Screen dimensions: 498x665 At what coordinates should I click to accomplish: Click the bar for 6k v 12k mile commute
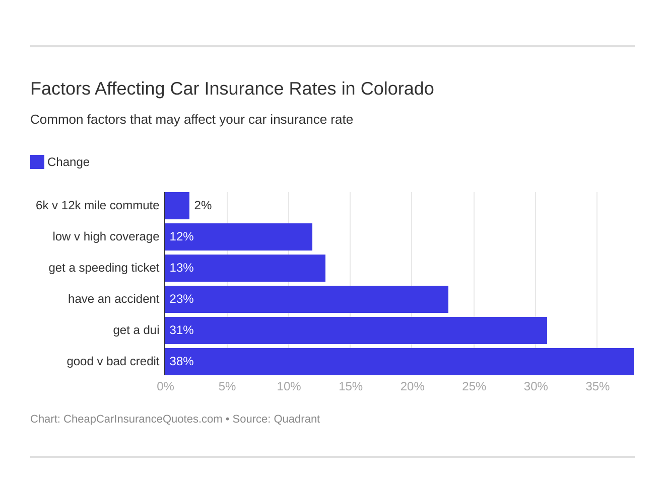pos(177,206)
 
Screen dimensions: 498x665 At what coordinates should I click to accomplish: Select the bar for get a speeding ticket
pos(245,268)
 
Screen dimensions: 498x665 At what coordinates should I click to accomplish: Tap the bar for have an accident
pos(306,299)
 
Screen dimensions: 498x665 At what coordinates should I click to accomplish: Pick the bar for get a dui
pos(356,330)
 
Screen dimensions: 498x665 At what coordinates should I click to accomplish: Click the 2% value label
pos(203,206)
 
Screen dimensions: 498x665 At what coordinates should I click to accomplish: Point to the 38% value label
pos(181,362)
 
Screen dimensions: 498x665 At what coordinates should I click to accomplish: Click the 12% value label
pos(181,237)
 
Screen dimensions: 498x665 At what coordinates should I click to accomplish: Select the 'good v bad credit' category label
pos(113,362)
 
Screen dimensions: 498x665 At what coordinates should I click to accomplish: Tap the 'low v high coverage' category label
pos(106,237)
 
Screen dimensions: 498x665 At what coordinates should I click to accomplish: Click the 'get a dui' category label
pos(136,330)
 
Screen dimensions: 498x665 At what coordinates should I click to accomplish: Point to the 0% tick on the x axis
pos(165,386)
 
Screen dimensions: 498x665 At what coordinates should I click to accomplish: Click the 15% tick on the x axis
pos(351,386)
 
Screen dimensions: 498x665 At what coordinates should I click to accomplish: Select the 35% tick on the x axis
pos(597,386)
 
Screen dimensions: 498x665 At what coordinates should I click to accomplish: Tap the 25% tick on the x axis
pos(474,386)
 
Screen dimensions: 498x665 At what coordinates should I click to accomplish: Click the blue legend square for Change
pos(37,162)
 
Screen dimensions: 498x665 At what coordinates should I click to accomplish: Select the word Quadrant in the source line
pos(297,419)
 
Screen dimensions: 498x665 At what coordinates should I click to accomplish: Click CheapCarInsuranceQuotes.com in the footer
pos(143,419)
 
